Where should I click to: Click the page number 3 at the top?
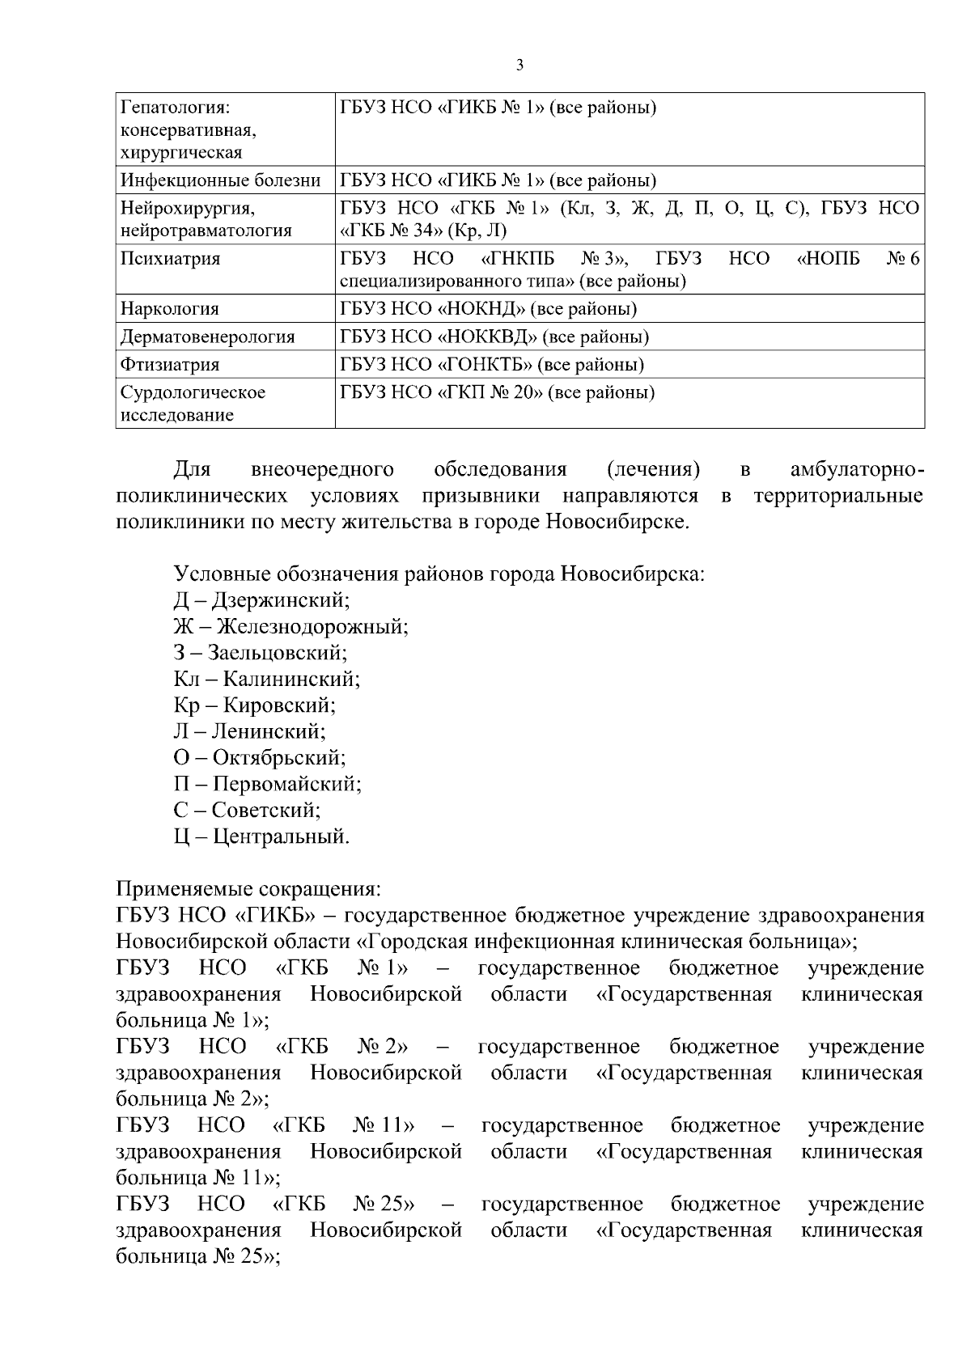click(x=519, y=66)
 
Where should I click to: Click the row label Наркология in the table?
click(x=170, y=308)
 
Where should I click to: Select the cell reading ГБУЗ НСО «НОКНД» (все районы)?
click(x=488, y=308)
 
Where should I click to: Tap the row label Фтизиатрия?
click(x=170, y=364)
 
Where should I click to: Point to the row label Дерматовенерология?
click(x=208, y=337)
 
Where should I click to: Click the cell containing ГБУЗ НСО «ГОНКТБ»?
click(x=492, y=364)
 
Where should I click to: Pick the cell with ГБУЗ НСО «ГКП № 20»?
click(x=497, y=392)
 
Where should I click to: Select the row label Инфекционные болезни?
click(x=221, y=180)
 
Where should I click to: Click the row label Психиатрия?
click(x=170, y=259)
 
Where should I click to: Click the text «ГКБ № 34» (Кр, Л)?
click(x=423, y=231)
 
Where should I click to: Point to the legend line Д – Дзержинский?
click(x=261, y=600)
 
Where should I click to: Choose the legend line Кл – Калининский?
click(x=267, y=679)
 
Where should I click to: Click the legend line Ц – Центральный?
click(x=261, y=836)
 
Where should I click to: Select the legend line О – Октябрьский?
click(x=259, y=757)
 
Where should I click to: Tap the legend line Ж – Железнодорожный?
click(x=290, y=626)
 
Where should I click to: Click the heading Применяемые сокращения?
click(x=248, y=889)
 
